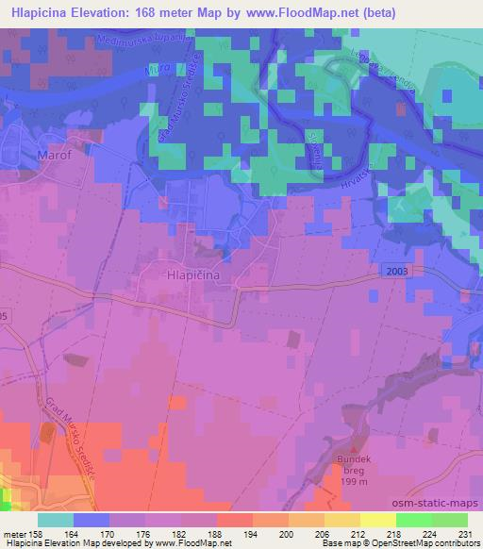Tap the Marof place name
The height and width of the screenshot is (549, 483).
tap(54, 154)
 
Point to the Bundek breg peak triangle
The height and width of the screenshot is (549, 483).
tap(356, 449)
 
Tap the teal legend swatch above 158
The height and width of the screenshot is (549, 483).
tap(56, 520)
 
